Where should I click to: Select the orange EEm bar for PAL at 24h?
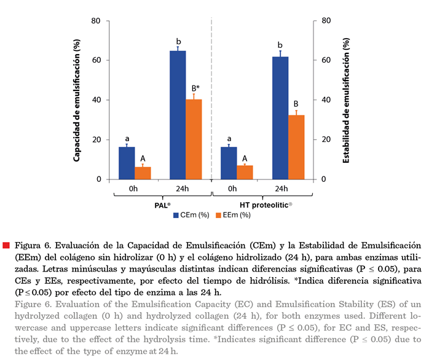[x=194, y=139]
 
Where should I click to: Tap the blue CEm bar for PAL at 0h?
[x=127, y=163]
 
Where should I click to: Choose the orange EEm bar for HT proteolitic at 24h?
[x=296, y=147]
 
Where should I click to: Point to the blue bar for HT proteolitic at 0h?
[x=229, y=163]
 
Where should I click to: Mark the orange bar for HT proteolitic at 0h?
[x=245, y=173]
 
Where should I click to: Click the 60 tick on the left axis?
[x=95, y=60]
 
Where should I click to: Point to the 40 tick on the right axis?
[x=326, y=100]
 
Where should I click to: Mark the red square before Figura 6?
[x=6, y=245]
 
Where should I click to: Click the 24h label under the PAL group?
[x=178, y=189]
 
